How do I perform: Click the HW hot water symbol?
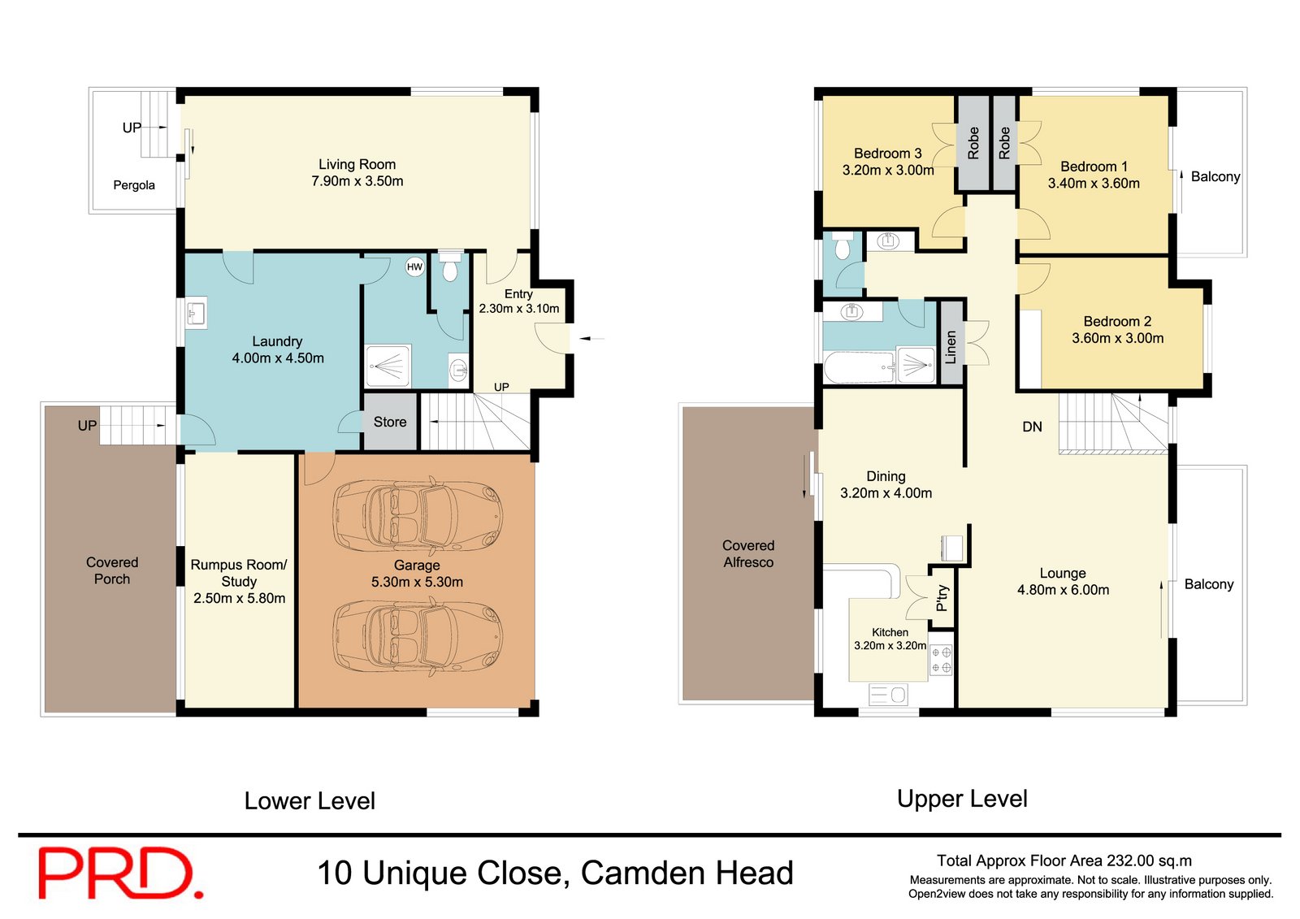(414, 267)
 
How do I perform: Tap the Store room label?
(390, 422)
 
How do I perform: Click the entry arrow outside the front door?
(591, 338)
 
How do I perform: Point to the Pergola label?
(134, 185)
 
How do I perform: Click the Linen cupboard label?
(951, 346)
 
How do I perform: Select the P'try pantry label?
(942, 598)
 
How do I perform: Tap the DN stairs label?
(1032, 427)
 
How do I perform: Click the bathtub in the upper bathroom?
(859, 367)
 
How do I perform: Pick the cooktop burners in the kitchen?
(941, 660)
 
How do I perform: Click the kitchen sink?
(888, 695)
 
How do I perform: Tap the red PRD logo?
(120, 873)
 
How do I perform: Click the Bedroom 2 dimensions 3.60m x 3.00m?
(1117, 338)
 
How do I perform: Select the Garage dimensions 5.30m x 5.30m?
(417, 582)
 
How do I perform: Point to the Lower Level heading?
(310, 801)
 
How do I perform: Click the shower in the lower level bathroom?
(388, 366)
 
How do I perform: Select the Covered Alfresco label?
(748, 553)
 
